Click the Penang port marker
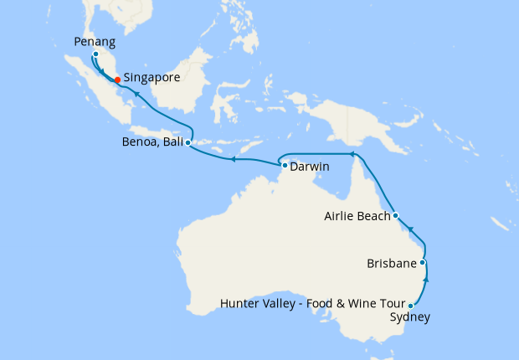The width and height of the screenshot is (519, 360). tap(95, 54)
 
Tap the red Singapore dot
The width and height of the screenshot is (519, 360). tap(117, 80)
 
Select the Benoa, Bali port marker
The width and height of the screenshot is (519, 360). tap(188, 143)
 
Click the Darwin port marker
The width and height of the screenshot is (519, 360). tap(285, 166)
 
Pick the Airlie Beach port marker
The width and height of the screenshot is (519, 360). tap(395, 215)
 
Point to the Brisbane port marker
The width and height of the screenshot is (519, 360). tap(423, 263)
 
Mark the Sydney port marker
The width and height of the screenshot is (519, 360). tap(410, 306)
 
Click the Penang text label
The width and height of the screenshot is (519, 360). tap(95, 40)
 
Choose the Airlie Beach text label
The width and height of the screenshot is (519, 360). tap(357, 216)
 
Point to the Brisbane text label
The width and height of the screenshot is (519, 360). tap(392, 264)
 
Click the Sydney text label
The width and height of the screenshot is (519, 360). tap(410, 317)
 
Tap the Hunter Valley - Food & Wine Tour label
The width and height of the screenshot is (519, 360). tap(312, 303)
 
